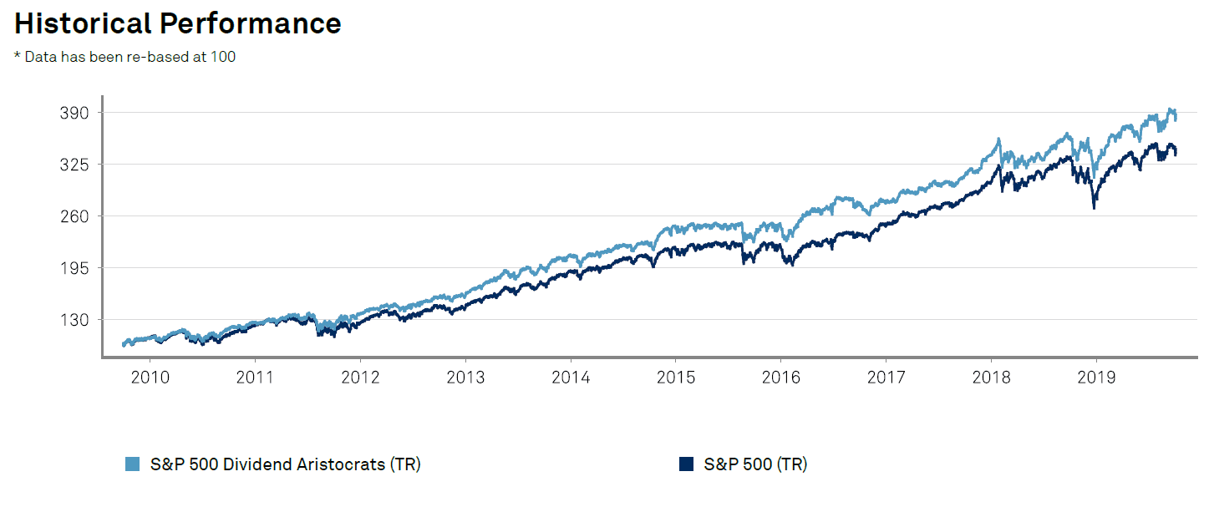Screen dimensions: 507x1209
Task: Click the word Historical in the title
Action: point(82,23)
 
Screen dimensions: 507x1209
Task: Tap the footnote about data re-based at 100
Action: point(124,58)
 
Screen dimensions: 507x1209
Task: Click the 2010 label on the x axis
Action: point(150,378)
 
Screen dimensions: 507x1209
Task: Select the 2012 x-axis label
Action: point(360,378)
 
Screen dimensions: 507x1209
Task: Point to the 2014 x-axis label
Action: point(571,378)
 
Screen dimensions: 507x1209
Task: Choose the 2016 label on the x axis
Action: point(781,378)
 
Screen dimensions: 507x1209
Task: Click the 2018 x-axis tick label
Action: point(991,378)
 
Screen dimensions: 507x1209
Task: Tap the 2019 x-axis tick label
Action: point(1096,378)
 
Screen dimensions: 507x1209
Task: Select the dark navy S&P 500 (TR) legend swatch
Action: point(687,464)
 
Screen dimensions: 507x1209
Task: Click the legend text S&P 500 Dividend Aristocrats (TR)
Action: point(285,464)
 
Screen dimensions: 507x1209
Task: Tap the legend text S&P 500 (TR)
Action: point(755,464)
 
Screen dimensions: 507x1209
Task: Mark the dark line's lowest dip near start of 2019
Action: point(1094,208)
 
